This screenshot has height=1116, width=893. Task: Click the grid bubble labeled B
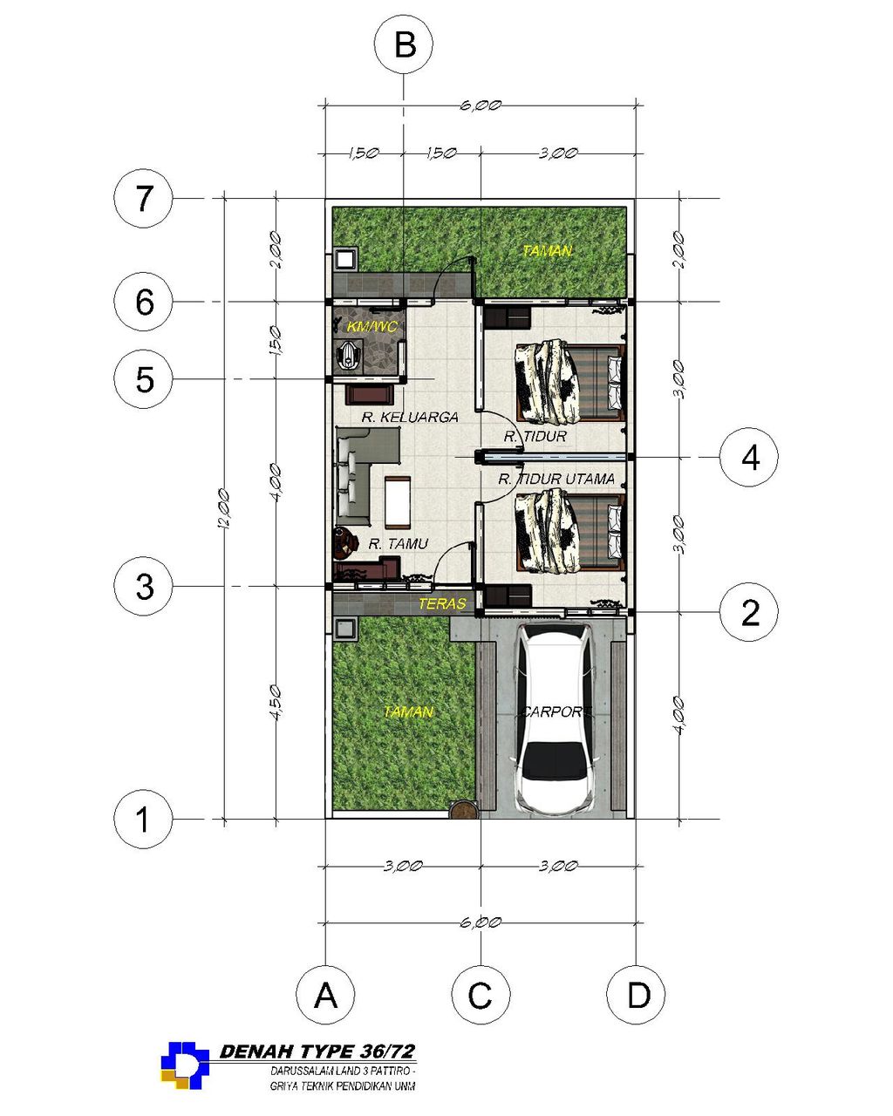point(404,44)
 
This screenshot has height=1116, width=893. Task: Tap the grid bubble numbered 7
point(143,198)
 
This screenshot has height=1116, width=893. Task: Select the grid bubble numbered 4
point(749,457)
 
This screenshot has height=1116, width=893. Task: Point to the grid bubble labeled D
point(636,994)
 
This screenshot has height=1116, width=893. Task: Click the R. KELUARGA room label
point(410,417)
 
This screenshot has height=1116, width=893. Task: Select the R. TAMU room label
point(398,543)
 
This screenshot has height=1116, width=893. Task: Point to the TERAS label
point(442,603)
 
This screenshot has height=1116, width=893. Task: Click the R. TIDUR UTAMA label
point(556,479)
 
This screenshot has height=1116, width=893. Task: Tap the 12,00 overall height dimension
point(223,508)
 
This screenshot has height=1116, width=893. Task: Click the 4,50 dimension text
point(276,702)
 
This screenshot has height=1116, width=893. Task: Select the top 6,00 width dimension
point(481,105)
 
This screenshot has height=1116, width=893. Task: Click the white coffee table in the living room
point(397,500)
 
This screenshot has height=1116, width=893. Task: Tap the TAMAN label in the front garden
point(408,711)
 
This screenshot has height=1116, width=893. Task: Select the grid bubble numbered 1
point(143,819)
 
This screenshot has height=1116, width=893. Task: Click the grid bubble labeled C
point(481,994)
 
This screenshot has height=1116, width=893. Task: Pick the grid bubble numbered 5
point(143,379)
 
